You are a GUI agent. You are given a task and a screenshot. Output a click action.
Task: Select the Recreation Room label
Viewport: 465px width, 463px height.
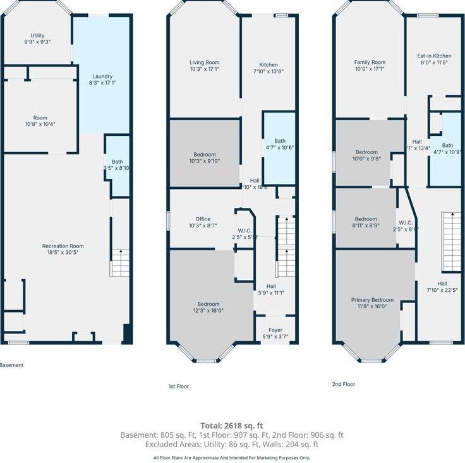click(x=63, y=246)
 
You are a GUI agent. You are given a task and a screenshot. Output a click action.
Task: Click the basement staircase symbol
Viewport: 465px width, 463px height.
click(x=120, y=262)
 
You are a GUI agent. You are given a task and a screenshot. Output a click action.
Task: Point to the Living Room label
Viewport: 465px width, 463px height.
click(x=205, y=62)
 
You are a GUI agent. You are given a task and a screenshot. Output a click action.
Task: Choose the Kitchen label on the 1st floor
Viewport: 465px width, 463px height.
click(x=269, y=64)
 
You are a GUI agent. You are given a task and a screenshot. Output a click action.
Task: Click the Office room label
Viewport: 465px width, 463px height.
click(x=203, y=219)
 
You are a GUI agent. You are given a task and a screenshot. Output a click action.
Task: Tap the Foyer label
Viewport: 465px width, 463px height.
click(x=275, y=330)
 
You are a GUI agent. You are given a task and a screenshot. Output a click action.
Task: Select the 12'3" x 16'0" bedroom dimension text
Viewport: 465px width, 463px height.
click(x=208, y=310)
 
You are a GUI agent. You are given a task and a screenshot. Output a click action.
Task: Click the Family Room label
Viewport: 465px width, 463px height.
click(x=370, y=62)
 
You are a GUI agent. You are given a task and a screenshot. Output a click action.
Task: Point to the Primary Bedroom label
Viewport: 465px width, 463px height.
click(x=372, y=300)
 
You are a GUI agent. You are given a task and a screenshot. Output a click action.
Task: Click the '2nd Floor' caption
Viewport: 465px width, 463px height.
click(x=344, y=384)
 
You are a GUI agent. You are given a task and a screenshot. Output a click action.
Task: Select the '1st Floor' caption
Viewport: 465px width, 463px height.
click(x=178, y=386)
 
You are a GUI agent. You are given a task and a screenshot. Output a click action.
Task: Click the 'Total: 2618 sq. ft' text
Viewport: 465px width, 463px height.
click(x=232, y=426)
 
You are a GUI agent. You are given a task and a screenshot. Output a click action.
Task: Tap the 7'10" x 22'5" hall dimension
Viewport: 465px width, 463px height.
click(x=442, y=291)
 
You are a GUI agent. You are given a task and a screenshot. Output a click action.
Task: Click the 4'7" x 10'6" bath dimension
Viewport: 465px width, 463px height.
click(x=279, y=147)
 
